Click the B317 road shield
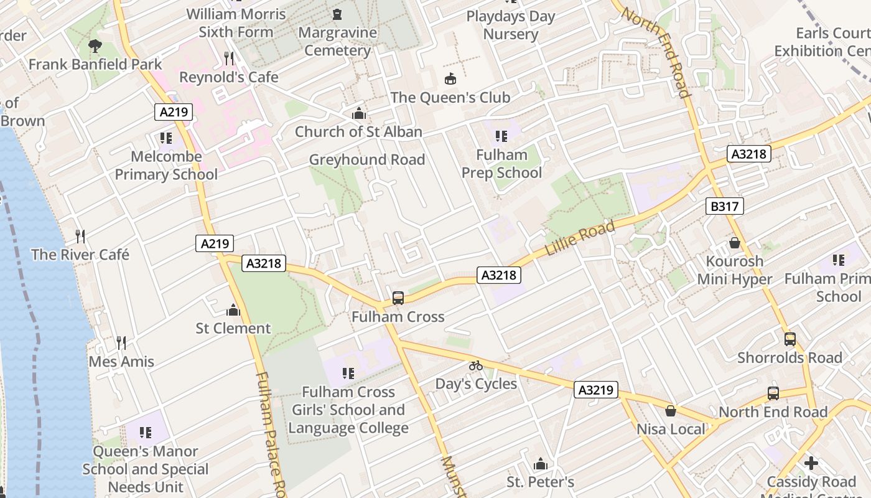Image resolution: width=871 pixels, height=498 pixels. [x=725, y=206]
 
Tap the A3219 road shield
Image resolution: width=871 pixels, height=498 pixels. [x=596, y=390]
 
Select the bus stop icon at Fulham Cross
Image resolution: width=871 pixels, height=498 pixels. [x=398, y=298]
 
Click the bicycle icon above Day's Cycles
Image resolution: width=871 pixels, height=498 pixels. [x=476, y=365]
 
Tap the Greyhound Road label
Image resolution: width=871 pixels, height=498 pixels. [x=367, y=160]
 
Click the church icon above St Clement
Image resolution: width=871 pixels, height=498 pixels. [x=233, y=310]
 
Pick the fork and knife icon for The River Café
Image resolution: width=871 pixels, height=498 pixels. [x=80, y=237]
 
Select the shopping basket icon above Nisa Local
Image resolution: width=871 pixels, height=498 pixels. [x=671, y=411]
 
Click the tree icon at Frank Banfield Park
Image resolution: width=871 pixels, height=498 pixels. [x=95, y=45]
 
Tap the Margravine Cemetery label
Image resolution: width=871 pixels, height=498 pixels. [x=338, y=41]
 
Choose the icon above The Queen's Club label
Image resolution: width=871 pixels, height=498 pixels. [x=450, y=79]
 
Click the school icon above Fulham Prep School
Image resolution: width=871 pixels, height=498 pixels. [x=501, y=136]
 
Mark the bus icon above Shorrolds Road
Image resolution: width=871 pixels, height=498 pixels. [x=789, y=339]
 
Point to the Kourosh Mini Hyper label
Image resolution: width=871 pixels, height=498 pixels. [x=734, y=270]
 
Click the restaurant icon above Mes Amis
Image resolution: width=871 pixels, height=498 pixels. [x=121, y=343]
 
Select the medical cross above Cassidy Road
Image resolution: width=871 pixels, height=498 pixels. [x=811, y=464]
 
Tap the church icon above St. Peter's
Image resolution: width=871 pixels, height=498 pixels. [x=540, y=464]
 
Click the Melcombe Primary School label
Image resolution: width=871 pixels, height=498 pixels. [x=166, y=166]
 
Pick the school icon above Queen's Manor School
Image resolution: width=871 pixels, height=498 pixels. [x=146, y=433]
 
